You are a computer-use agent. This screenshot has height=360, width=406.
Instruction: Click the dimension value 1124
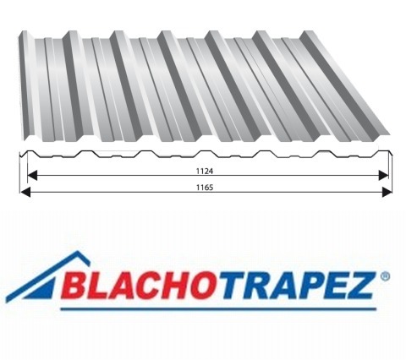click(x=204, y=170)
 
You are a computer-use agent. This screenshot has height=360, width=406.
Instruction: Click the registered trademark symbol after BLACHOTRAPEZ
click(x=386, y=275)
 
